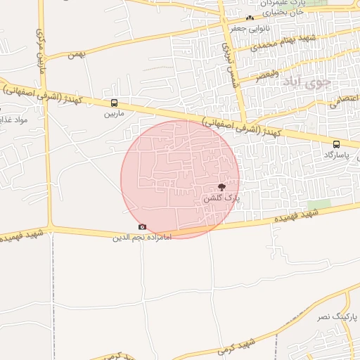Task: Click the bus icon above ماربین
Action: pos(115,103)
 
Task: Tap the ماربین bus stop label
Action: pos(115,112)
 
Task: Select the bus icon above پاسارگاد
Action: pos(336,144)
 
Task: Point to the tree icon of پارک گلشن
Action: pos(222,187)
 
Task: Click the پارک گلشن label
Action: pos(221,198)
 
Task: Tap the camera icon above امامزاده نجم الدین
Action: pos(143,226)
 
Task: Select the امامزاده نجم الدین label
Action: pos(142,238)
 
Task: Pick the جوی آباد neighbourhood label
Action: pos(307,82)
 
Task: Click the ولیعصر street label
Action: pos(267,73)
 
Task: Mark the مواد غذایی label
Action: pos(13,120)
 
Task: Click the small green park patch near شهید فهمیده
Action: pos(319,205)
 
